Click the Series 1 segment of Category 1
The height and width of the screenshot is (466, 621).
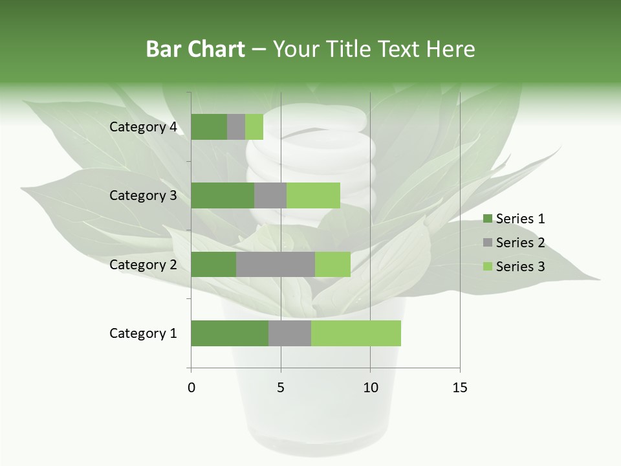pos(230,333)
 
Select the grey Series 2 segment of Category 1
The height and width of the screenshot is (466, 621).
pos(290,333)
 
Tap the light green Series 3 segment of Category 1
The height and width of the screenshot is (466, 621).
pos(356,333)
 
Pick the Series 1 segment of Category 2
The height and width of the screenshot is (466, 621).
pos(213,264)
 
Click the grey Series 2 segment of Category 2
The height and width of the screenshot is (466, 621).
pos(276,264)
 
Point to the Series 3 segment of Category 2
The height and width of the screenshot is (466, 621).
pos(332,264)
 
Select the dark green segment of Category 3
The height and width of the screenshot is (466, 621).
pos(223,195)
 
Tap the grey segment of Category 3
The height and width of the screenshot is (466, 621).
pos(270,195)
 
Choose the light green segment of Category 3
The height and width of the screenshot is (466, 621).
pos(313,195)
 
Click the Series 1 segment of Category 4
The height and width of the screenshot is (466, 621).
pos(209,127)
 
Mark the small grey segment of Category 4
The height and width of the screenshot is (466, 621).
pos(236,127)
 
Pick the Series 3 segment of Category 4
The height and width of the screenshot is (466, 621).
pos(254,127)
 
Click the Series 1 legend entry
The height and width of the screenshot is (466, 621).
pos(514,219)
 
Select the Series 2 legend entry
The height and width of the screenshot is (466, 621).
pos(514,243)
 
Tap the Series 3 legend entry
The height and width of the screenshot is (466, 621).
pos(514,267)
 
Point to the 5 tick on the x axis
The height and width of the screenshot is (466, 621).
pos(281,388)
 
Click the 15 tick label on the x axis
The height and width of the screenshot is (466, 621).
pos(459,388)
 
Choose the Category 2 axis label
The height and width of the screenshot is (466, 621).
pos(143,264)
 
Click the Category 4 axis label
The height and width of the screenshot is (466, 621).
pos(143,127)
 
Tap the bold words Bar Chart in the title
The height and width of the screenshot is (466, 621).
pos(195,49)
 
